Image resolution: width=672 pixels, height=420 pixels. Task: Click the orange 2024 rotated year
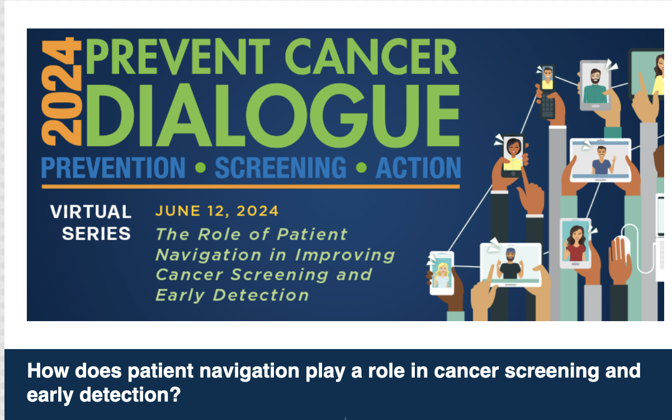pyautogui.click(x=61, y=92)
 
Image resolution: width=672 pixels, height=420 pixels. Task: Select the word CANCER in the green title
pyautogui.click(x=371, y=56)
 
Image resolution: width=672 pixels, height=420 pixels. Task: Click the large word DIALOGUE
pyautogui.click(x=273, y=116)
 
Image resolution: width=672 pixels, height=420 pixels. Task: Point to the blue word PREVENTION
pyautogui.click(x=113, y=168)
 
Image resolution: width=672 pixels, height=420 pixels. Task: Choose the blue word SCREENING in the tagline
pyautogui.click(x=281, y=168)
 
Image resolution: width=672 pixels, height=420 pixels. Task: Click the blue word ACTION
pyautogui.click(x=418, y=168)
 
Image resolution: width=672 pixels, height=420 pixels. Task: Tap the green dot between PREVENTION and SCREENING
pyautogui.click(x=200, y=168)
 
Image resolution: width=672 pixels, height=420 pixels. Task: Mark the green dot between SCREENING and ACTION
pyautogui.click(x=361, y=168)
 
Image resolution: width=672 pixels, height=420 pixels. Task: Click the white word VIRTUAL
pyautogui.click(x=91, y=212)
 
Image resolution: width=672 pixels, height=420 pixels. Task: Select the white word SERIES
pyautogui.click(x=96, y=233)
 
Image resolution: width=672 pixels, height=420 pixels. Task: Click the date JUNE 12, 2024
pyautogui.click(x=217, y=211)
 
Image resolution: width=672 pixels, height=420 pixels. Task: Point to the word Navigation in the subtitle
pyautogui.click(x=209, y=256)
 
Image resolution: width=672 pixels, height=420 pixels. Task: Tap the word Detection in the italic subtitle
pyautogui.click(x=261, y=295)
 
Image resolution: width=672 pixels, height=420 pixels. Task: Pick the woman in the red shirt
pyautogui.click(x=575, y=244)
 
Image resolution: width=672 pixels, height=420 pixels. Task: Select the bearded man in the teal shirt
pyautogui.click(x=595, y=87)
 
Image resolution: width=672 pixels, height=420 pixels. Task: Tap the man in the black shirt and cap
pyautogui.click(x=510, y=264)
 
